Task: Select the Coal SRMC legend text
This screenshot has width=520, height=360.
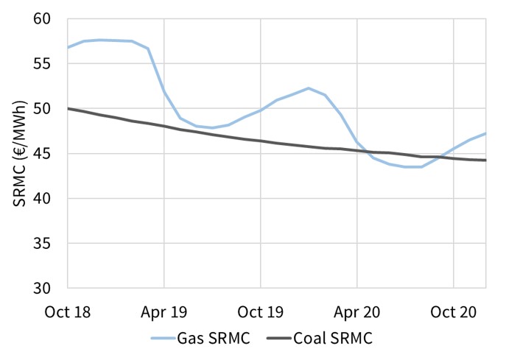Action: coord(333,339)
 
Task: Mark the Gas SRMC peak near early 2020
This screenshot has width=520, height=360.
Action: coord(309,88)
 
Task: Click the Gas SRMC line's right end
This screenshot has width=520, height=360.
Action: coord(485,133)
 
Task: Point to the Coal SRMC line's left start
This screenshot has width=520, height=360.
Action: coord(68,108)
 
